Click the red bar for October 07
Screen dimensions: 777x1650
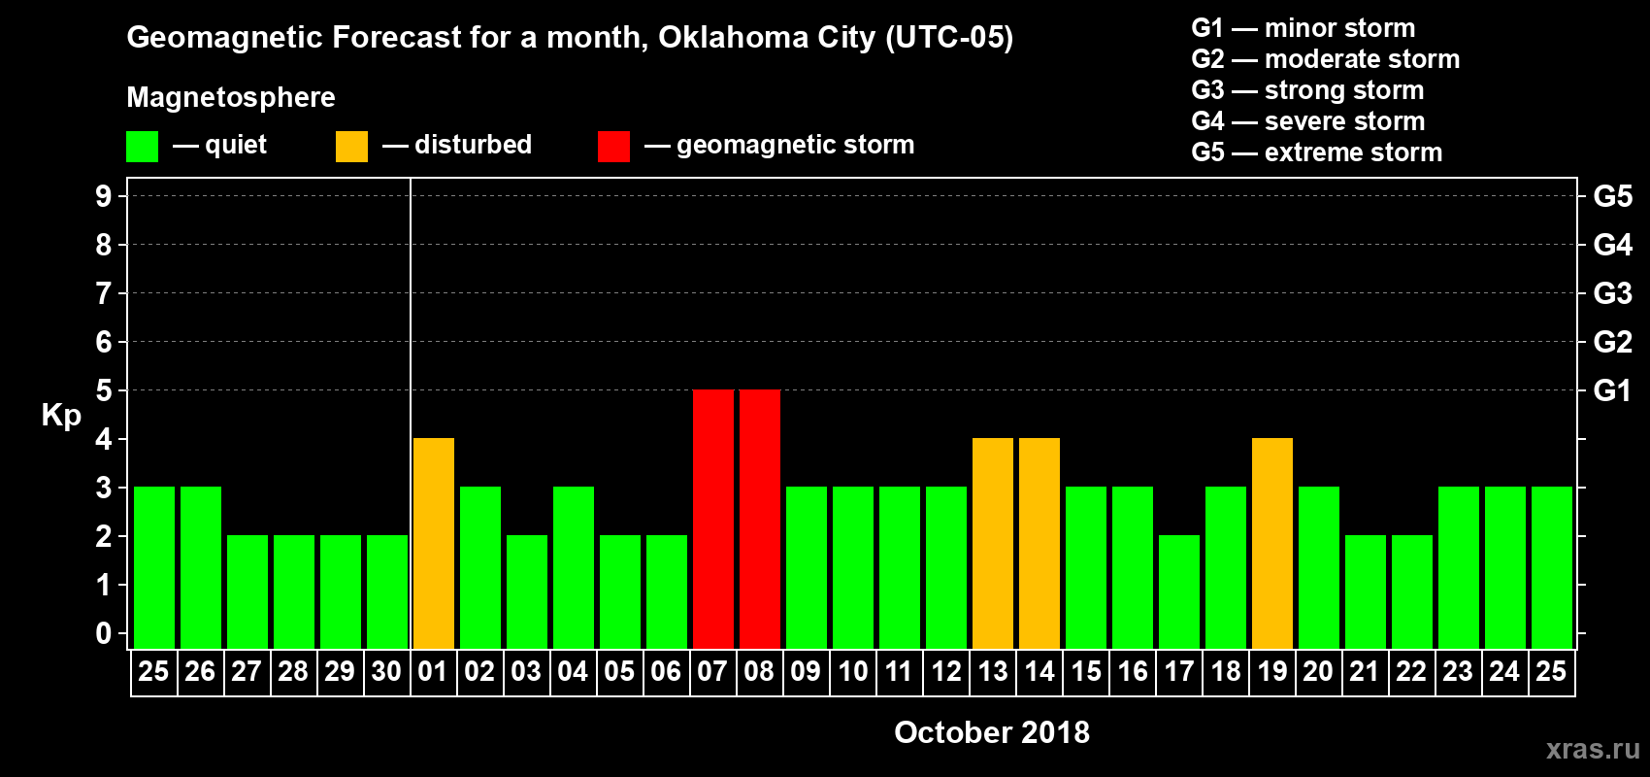(713, 519)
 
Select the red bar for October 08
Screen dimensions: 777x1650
(760, 519)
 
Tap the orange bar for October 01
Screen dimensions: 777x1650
(434, 543)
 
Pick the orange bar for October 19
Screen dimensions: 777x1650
(1272, 543)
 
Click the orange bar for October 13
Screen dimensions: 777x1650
(993, 543)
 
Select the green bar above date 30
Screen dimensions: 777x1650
(387, 591)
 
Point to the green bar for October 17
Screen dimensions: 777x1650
(1179, 591)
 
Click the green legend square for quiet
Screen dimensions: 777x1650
(143, 147)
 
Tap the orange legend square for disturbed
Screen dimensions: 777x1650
(352, 147)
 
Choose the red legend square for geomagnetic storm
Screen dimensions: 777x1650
(614, 147)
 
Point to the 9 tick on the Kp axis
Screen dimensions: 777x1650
(104, 196)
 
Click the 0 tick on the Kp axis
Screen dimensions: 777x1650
(104, 633)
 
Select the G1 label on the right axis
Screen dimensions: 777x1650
(1612, 390)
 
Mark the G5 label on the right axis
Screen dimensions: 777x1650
(1612, 196)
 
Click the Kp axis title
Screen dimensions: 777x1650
(61, 415)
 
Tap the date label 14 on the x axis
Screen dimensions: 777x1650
(1039, 671)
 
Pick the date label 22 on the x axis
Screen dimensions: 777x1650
(1411, 671)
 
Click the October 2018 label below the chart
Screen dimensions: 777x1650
(992, 732)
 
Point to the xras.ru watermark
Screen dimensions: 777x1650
(1593, 749)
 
